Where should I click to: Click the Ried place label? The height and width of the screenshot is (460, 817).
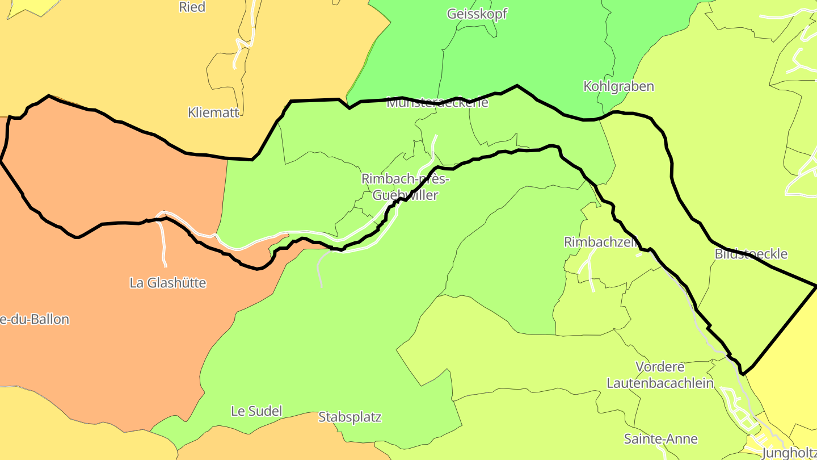pyautogui.click(x=192, y=7)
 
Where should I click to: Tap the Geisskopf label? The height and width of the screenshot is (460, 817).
pyautogui.click(x=477, y=14)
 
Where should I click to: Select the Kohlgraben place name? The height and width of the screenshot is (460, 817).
pyautogui.click(x=618, y=86)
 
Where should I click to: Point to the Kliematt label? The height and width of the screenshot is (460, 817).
pyautogui.click(x=213, y=112)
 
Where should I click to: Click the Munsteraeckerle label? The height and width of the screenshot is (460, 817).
pyautogui.click(x=437, y=103)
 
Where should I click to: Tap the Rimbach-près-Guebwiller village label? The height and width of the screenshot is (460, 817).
pyautogui.click(x=405, y=187)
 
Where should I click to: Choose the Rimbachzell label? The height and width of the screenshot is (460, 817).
pyautogui.click(x=600, y=242)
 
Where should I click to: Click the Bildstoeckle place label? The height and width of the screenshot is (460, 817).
pyautogui.click(x=751, y=254)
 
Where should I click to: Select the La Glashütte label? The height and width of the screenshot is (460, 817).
pyautogui.click(x=167, y=283)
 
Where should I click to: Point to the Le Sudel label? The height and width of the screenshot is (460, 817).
pyautogui.click(x=256, y=411)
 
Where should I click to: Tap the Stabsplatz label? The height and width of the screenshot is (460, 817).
pyautogui.click(x=349, y=417)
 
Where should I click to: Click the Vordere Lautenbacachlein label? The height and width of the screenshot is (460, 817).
pyautogui.click(x=660, y=375)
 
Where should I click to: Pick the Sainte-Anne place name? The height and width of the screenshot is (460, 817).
pyautogui.click(x=660, y=439)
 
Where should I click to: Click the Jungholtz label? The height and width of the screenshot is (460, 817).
pyautogui.click(x=789, y=453)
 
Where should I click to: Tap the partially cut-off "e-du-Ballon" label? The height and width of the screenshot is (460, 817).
pyautogui.click(x=35, y=320)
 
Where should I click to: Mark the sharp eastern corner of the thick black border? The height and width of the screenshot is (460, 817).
pyautogui.click(x=815, y=286)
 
